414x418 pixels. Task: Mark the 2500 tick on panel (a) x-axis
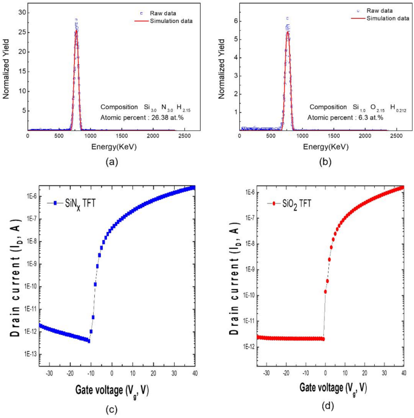[x=185, y=138]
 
